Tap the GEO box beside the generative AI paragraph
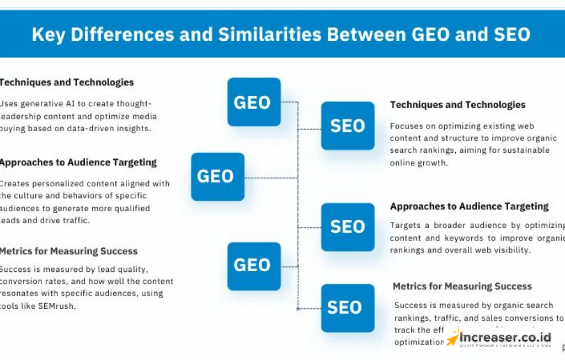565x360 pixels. pyautogui.click(x=254, y=102)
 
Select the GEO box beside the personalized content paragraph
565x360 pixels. pyautogui.click(x=217, y=176)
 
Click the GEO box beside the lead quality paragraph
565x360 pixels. pyautogui.click(x=254, y=266)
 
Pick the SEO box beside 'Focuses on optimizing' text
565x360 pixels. pyautogui.click(x=348, y=126)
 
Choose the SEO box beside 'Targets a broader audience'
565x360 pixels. pyautogui.click(x=348, y=227)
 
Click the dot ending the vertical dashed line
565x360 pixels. pyautogui.click(x=298, y=309)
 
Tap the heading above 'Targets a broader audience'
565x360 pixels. pyautogui.click(x=469, y=207)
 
